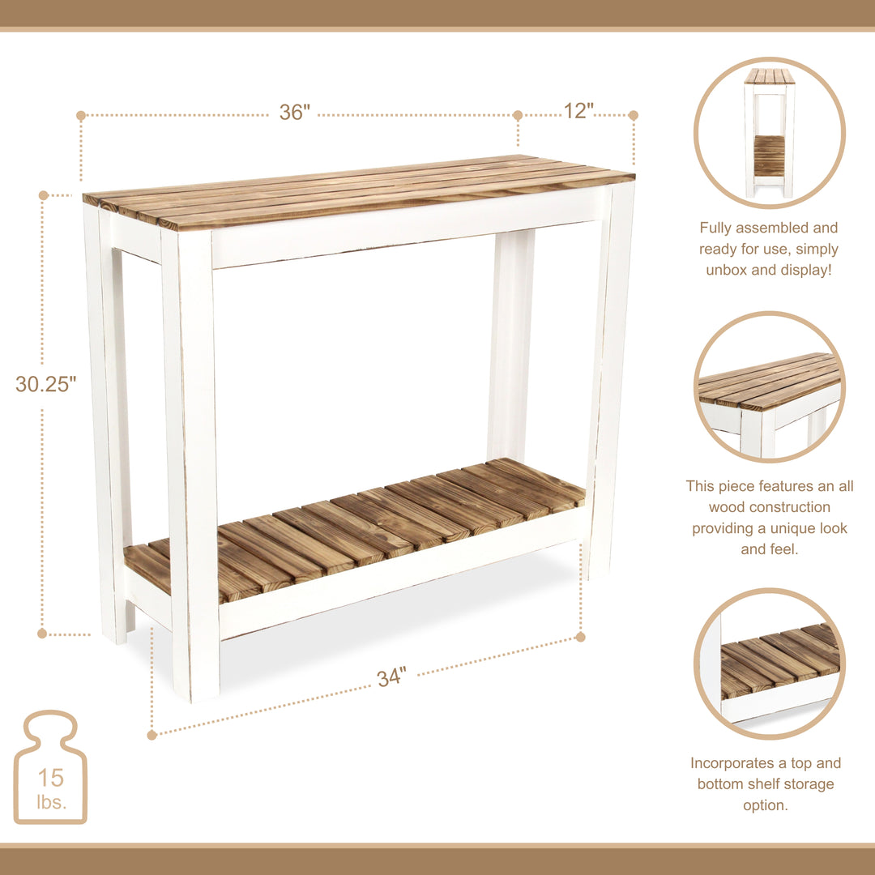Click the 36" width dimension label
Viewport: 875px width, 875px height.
(x=295, y=113)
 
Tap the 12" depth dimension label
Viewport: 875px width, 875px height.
(x=578, y=111)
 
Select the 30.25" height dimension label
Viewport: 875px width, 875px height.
(x=45, y=384)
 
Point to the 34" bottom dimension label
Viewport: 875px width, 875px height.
(x=391, y=677)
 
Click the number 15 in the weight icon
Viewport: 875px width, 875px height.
(x=50, y=778)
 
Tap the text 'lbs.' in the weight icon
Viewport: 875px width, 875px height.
(x=52, y=802)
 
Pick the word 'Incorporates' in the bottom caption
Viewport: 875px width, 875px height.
(x=730, y=763)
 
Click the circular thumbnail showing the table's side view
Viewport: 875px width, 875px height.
(x=769, y=133)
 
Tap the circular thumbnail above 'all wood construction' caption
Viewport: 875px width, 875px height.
(x=769, y=386)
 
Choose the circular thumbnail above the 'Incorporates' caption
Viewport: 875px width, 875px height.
(x=769, y=664)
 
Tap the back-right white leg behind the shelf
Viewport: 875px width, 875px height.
(x=510, y=348)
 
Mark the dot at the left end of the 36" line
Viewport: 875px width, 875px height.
(x=81, y=116)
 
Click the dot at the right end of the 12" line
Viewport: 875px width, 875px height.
(x=634, y=116)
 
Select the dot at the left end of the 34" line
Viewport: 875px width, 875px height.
(x=152, y=735)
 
